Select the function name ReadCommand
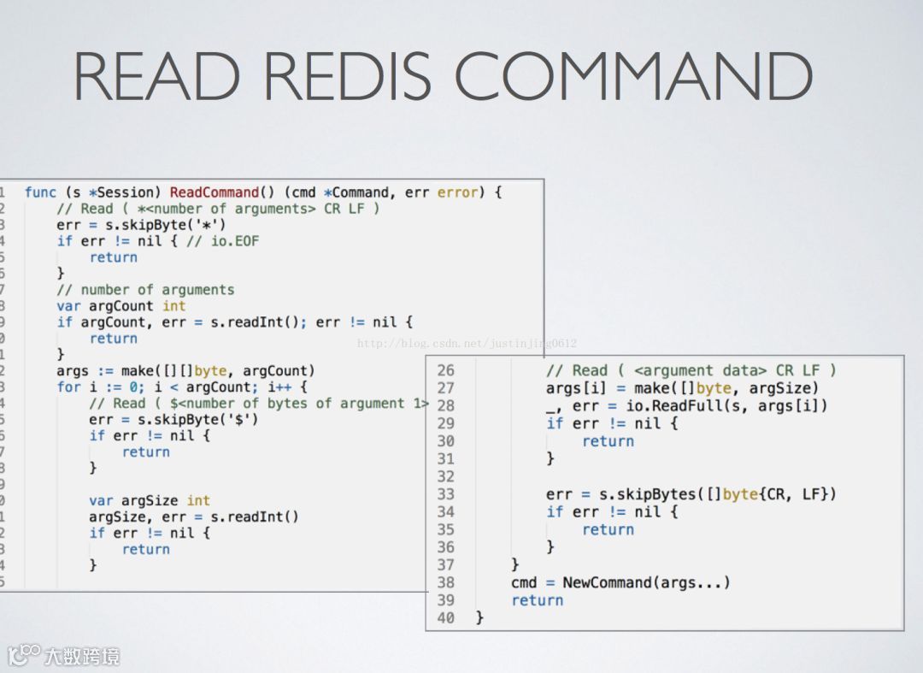(214, 192)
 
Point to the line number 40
(445, 617)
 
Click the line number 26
(445, 370)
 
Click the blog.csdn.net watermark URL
(467, 343)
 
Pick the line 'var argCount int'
(121, 306)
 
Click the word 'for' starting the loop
(68, 387)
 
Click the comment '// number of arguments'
(145, 290)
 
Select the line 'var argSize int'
(150, 500)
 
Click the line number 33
(445, 493)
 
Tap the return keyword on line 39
(538, 600)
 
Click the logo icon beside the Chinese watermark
(24, 655)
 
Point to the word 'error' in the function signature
(458, 192)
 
